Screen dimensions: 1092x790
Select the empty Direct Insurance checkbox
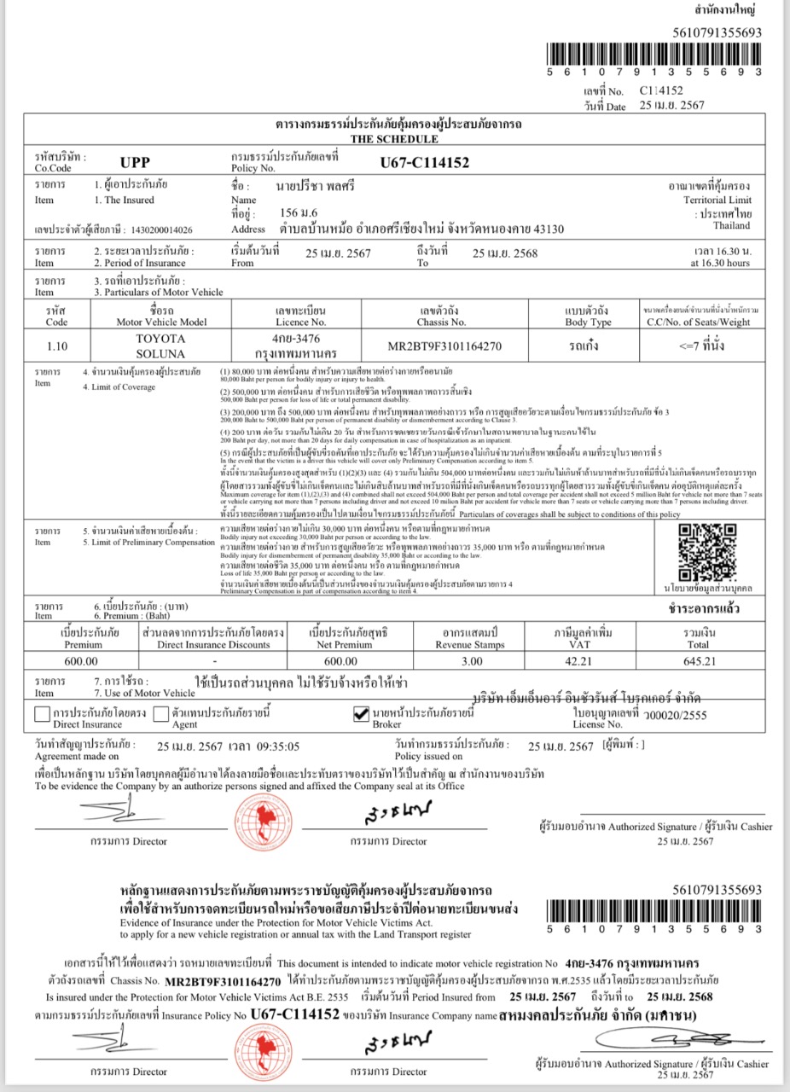43,715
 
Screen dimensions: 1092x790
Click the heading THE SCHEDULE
394,139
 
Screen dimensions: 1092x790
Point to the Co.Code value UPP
135,163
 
